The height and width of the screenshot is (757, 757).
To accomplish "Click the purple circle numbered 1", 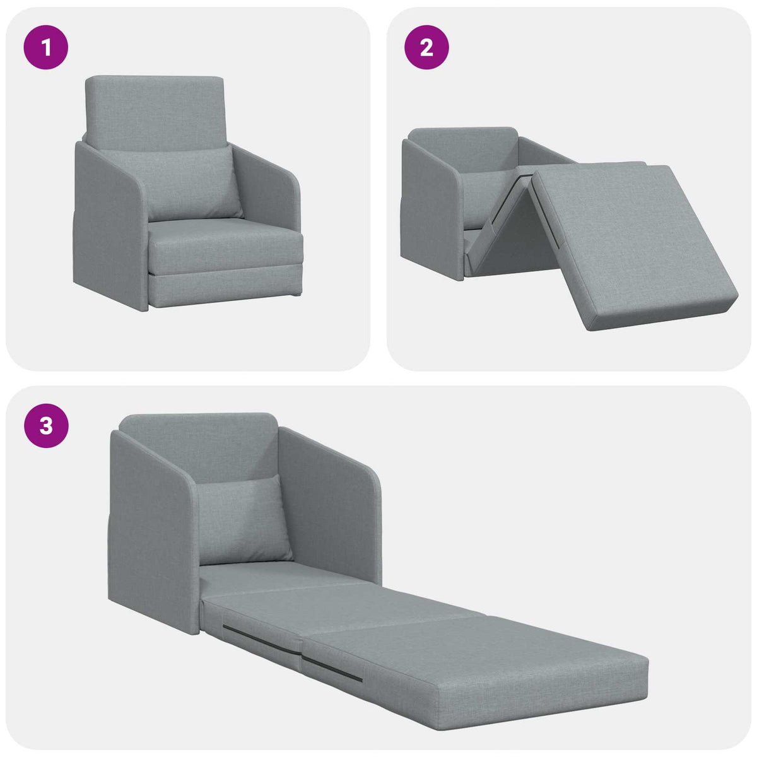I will click(x=45, y=47).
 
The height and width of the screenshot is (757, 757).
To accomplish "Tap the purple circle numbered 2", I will click(x=426, y=47).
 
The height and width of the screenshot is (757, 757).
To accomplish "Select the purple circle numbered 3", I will click(x=45, y=426).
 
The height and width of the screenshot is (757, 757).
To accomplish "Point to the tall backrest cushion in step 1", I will click(x=155, y=107).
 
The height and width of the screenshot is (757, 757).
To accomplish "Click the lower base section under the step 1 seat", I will click(x=224, y=290).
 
